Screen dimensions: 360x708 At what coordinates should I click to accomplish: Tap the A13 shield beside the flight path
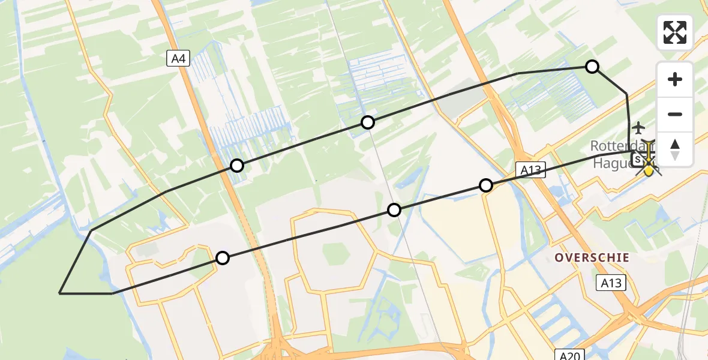pos(530,170)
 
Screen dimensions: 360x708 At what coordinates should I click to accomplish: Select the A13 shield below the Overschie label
pos(611,283)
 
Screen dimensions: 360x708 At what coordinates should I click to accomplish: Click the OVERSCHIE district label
pos(592,257)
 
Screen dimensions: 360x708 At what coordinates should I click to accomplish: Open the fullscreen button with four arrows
pos(675,32)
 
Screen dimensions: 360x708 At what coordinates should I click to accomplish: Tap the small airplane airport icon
pos(638,128)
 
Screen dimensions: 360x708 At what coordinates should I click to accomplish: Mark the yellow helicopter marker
pos(649,163)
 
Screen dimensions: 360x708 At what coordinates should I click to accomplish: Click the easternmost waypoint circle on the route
pos(592,67)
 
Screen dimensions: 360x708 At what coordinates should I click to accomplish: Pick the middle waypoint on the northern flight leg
pos(368,122)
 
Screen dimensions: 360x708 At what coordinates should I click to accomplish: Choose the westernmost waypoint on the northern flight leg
pos(238,166)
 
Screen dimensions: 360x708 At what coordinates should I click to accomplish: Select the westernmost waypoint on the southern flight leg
pos(223,258)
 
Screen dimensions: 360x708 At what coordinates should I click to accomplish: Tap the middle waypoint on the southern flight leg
pos(394,209)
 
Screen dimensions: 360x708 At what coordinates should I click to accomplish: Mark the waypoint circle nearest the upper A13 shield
pos(487,185)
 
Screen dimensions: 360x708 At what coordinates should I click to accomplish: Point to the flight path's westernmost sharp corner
pos(60,293)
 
